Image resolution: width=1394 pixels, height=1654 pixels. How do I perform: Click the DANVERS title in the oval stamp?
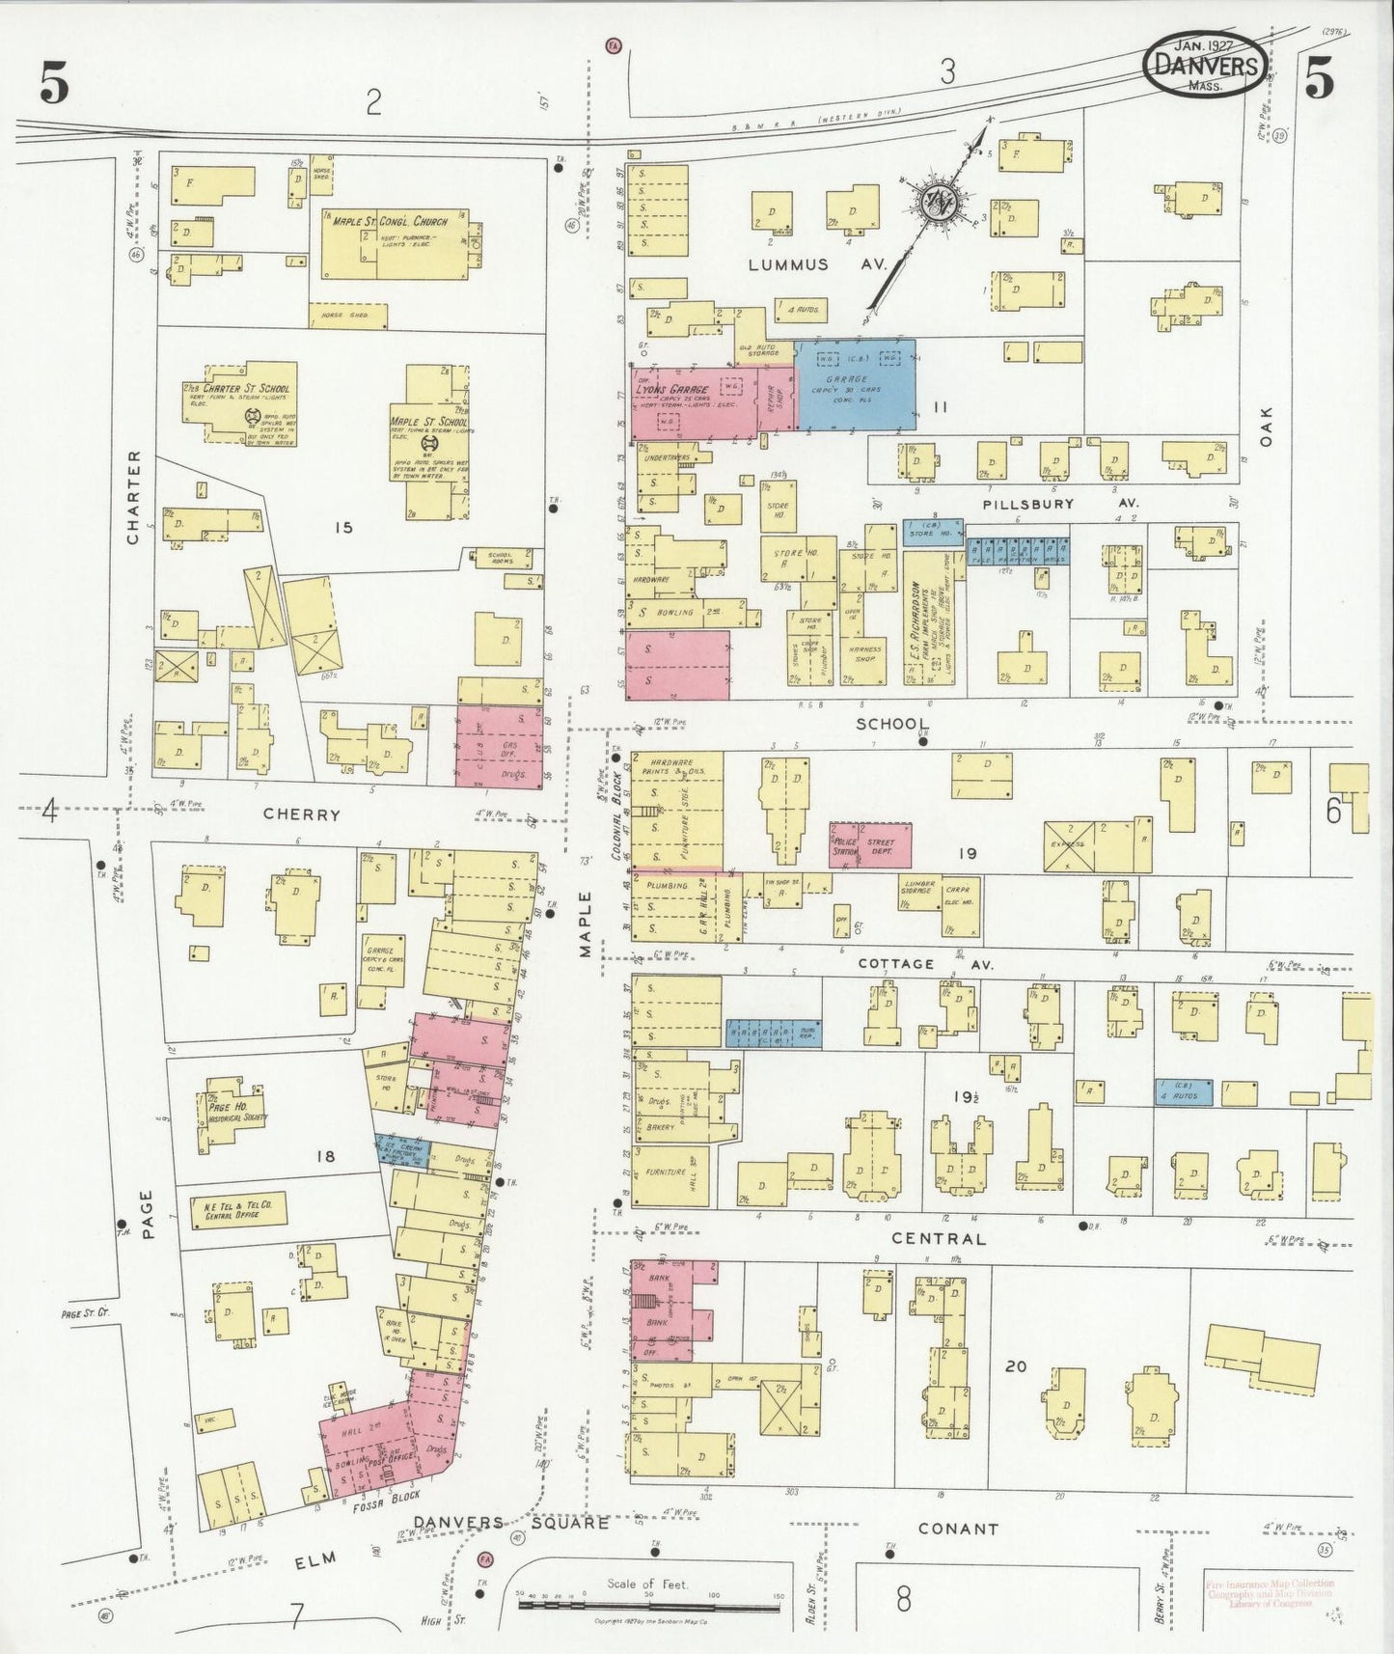pyautogui.click(x=1204, y=65)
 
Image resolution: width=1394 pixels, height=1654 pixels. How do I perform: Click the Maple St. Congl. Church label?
pyautogui.click(x=391, y=222)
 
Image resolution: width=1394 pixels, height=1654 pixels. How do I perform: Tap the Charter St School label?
pyautogui.click(x=247, y=388)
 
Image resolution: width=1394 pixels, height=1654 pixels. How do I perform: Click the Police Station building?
pyautogui.click(x=848, y=846)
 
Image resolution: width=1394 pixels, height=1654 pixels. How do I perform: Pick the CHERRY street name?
pyautogui.click(x=302, y=814)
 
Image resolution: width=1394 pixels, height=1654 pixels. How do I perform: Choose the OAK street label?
pyautogui.click(x=1266, y=426)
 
